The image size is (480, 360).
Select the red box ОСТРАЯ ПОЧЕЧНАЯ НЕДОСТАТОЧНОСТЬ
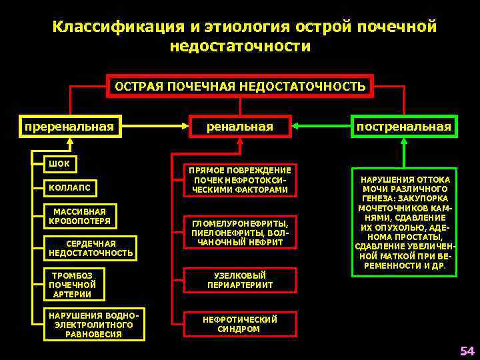click(x=240, y=86)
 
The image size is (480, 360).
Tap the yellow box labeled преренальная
click(x=69, y=126)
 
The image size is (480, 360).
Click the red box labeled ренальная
click(x=240, y=126)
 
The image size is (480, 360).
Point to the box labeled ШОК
click(x=59, y=164)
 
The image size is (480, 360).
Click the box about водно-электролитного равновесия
click(x=93, y=325)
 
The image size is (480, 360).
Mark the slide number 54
click(x=467, y=351)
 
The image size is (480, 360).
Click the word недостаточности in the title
click(x=240, y=47)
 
